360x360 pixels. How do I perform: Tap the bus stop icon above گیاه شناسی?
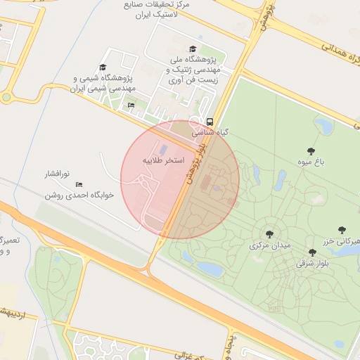click(209, 121)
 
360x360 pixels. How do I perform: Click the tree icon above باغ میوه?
click(311, 151)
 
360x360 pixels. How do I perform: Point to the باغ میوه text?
click(311, 162)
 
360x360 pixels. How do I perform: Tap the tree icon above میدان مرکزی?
click(269, 234)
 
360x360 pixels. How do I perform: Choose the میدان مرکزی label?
click(269, 246)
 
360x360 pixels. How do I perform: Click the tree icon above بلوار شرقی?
click(312, 252)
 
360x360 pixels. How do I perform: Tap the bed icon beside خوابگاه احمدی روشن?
click(79, 184)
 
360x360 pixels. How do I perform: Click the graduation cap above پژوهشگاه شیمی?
click(103, 67)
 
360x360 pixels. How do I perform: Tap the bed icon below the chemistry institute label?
click(131, 105)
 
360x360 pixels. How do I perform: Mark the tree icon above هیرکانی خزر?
click(342, 229)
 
